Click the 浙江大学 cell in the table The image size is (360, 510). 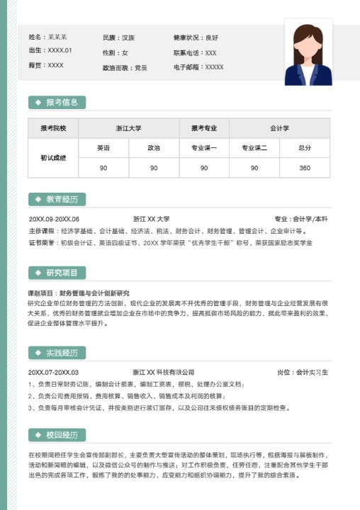[x=128, y=128]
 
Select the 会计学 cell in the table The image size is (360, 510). [x=279, y=128]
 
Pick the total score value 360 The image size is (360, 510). [x=305, y=168]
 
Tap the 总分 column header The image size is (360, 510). [x=305, y=148]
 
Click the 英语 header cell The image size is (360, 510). [x=103, y=148]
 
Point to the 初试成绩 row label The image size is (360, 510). [x=53, y=158]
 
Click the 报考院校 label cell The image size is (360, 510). [x=53, y=128]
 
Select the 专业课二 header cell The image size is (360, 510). [x=254, y=148]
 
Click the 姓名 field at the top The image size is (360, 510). [x=47, y=37]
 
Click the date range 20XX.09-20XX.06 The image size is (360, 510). [x=54, y=219]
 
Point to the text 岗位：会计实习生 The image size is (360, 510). [x=302, y=373]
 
